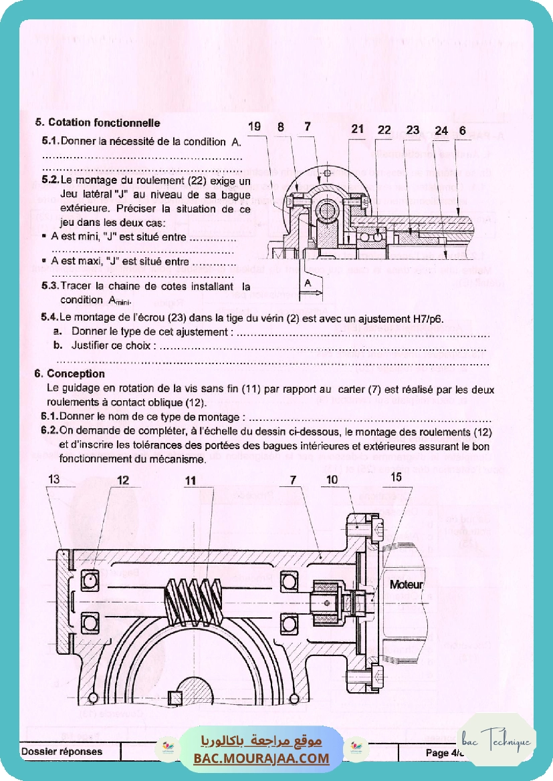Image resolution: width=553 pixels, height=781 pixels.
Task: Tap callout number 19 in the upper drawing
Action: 255,127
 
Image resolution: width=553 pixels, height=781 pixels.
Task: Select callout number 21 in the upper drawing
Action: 358,129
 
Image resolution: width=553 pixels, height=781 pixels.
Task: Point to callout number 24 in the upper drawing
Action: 441,131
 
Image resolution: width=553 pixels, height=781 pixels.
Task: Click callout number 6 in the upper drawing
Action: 462,131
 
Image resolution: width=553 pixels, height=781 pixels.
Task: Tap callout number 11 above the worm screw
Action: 191,480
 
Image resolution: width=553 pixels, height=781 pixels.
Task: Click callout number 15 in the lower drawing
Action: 396,476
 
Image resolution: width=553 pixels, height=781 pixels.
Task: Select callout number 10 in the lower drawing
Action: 332,480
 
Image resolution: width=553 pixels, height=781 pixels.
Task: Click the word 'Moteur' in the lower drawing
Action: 407,585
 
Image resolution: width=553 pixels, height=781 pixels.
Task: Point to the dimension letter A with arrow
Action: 308,284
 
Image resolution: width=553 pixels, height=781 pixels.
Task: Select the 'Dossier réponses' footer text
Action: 62,752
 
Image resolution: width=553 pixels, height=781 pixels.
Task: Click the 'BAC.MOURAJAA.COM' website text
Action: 261,759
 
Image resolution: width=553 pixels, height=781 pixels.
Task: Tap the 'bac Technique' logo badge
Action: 498,741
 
